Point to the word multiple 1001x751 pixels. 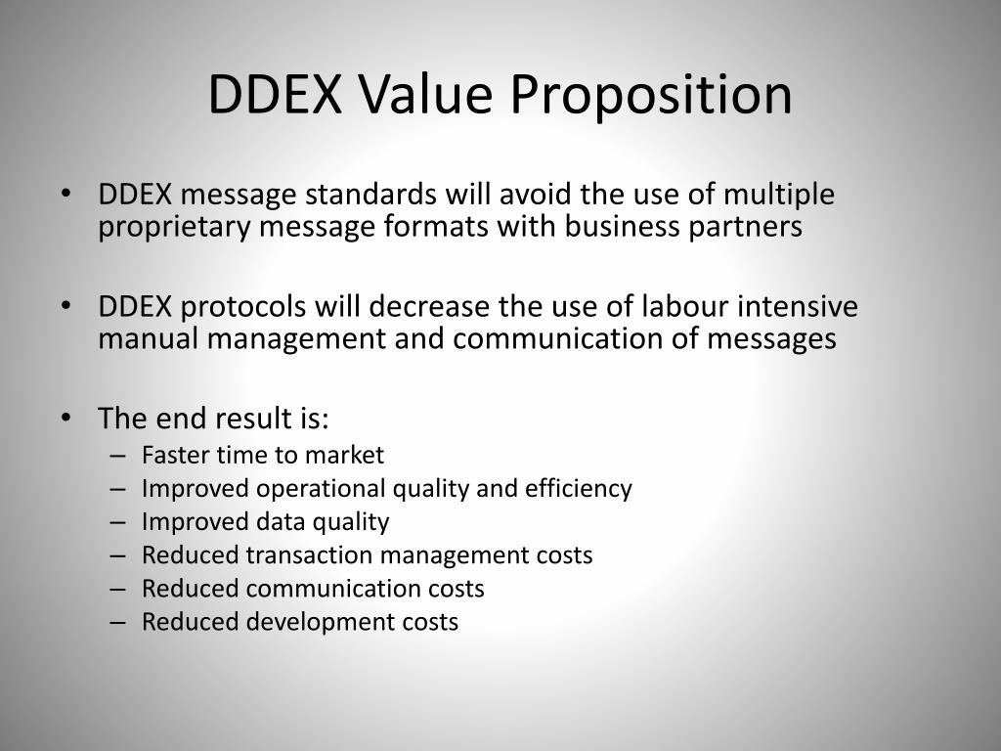click(779, 196)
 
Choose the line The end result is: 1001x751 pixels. click(214, 419)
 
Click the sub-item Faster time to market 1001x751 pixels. click(263, 455)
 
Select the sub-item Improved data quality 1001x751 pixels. click(265, 521)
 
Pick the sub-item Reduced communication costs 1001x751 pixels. click(313, 589)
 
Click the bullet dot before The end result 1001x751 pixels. click(66, 418)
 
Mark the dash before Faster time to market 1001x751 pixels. click(118, 456)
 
